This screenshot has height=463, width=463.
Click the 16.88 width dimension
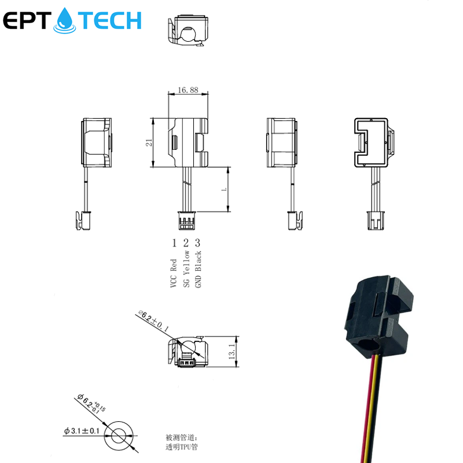(188, 90)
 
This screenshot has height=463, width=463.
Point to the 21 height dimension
(149, 142)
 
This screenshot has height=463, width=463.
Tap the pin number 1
(174, 242)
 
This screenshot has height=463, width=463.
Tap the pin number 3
(198, 242)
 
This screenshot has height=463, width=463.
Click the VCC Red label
(174, 272)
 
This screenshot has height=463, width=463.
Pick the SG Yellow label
(186, 270)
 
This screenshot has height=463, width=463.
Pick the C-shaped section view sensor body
(372, 141)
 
